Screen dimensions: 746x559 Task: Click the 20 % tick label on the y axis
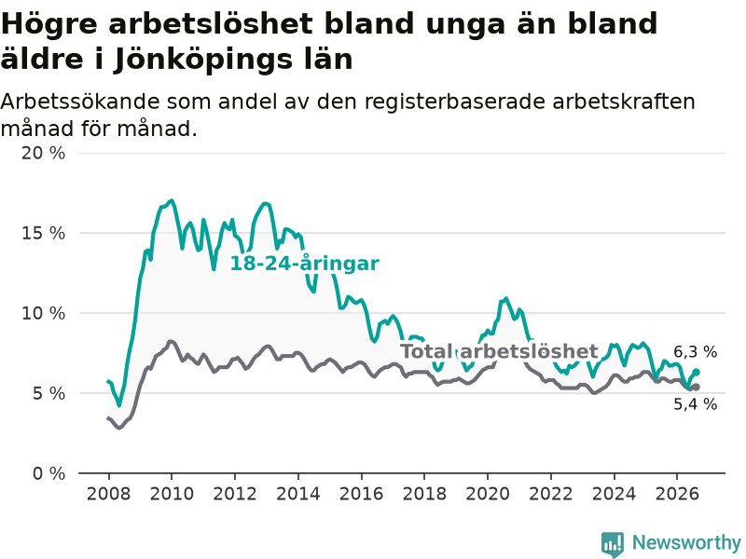coord(43,153)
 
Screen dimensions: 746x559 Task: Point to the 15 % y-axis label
coord(43,233)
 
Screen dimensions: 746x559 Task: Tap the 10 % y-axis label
coord(43,313)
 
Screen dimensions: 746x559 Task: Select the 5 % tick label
coord(48,393)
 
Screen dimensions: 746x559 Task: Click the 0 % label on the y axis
coord(48,473)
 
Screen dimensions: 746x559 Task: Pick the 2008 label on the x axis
coord(108,494)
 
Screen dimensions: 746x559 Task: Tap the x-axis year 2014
coord(298,494)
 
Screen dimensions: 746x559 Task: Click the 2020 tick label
coord(488,494)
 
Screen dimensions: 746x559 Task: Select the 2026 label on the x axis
coord(677,494)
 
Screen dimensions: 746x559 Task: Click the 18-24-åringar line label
coord(305,264)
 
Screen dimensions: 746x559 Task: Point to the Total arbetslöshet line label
coord(499,351)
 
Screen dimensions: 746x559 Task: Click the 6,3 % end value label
coord(695,352)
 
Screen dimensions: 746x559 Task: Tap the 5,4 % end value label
coord(695,404)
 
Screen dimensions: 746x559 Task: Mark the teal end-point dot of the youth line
coord(696,372)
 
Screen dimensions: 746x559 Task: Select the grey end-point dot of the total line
coord(696,388)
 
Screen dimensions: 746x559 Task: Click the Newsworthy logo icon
coord(613,544)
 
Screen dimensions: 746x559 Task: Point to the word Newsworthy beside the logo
coord(686,542)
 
